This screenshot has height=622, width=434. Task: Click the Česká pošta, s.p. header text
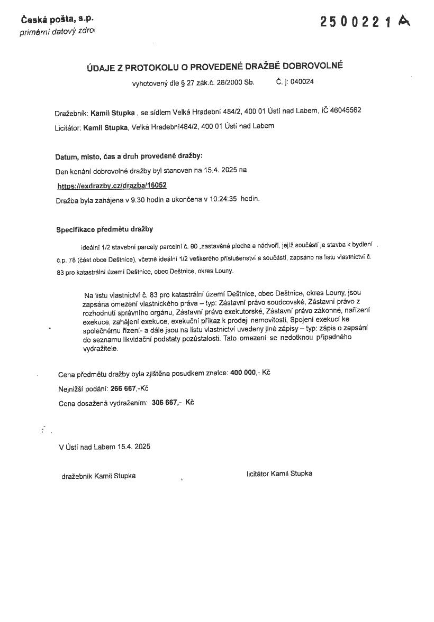(x=57, y=20)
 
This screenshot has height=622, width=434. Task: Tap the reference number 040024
(x=302, y=82)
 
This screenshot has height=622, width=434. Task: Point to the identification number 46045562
(x=346, y=110)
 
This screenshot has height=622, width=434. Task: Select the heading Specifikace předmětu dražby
(x=104, y=229)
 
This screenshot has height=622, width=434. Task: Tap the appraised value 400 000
(x=243, y=373)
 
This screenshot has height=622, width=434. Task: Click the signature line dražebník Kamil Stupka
(x=98, y=476)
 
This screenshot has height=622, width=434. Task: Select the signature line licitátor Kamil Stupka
(x=279, y=474)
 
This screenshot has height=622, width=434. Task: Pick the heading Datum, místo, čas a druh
(x=129, y=156)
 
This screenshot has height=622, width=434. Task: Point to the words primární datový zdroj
(x=58, y=32)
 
